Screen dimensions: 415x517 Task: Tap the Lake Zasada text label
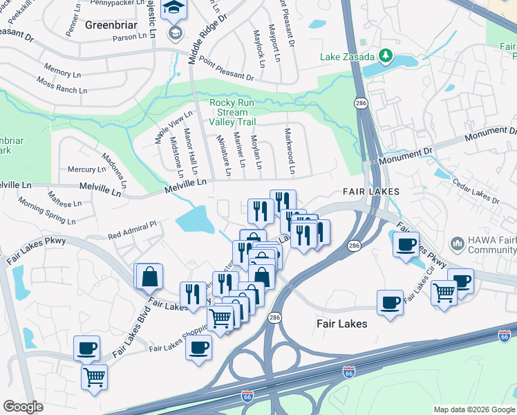347,56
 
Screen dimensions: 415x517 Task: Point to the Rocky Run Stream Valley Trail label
228,112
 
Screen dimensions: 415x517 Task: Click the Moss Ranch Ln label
62,86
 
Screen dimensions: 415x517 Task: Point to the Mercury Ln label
86,169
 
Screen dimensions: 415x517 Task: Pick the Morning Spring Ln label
46,210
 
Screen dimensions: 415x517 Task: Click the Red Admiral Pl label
133,229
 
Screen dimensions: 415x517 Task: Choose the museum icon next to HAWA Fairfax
457,243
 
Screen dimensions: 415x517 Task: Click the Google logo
23,407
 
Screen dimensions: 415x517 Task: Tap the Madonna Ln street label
116,170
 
